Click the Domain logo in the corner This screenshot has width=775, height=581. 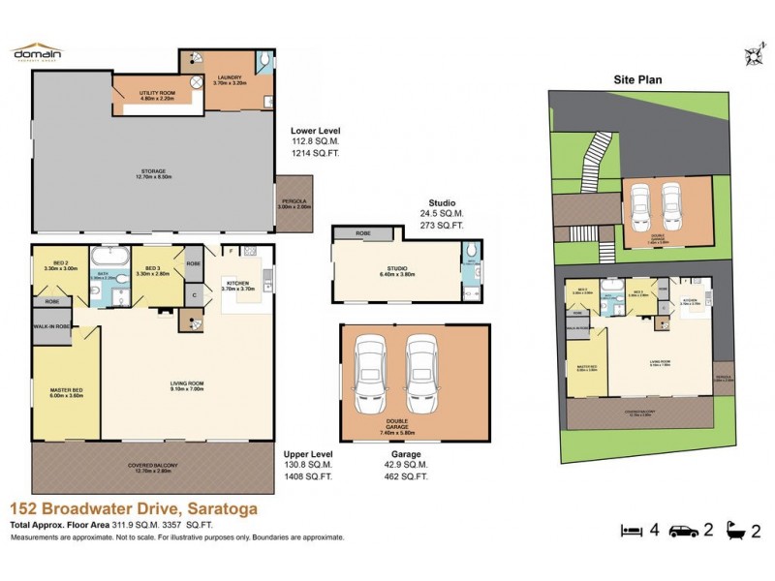tap(37, 52)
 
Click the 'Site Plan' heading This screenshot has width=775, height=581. tap(636, 82)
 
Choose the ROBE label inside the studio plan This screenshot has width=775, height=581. tap(363, 233)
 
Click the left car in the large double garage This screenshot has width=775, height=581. tap(372, 375)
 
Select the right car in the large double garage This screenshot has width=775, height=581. tap(423, 375)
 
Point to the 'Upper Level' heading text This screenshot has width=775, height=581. tap(308, 452)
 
